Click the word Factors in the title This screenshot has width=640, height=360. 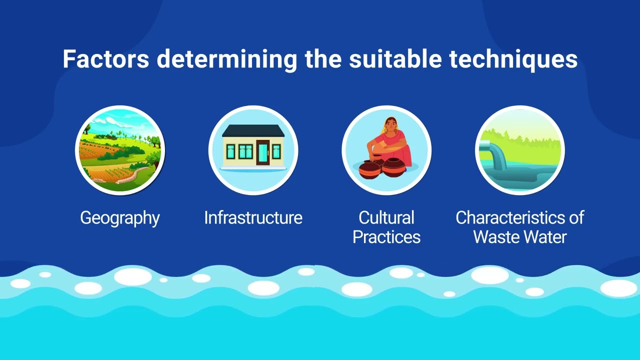(105, 59)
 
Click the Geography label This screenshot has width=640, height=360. (120, 218)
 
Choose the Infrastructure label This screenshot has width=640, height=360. (253, 218)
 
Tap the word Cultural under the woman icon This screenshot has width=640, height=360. (386, 218)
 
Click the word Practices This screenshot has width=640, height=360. (386, 236)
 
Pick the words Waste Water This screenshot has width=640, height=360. (519, 236)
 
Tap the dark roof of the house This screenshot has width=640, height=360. (253, 131)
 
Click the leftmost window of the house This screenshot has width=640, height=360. (230, 151)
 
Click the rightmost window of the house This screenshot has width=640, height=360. (276, 151)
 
